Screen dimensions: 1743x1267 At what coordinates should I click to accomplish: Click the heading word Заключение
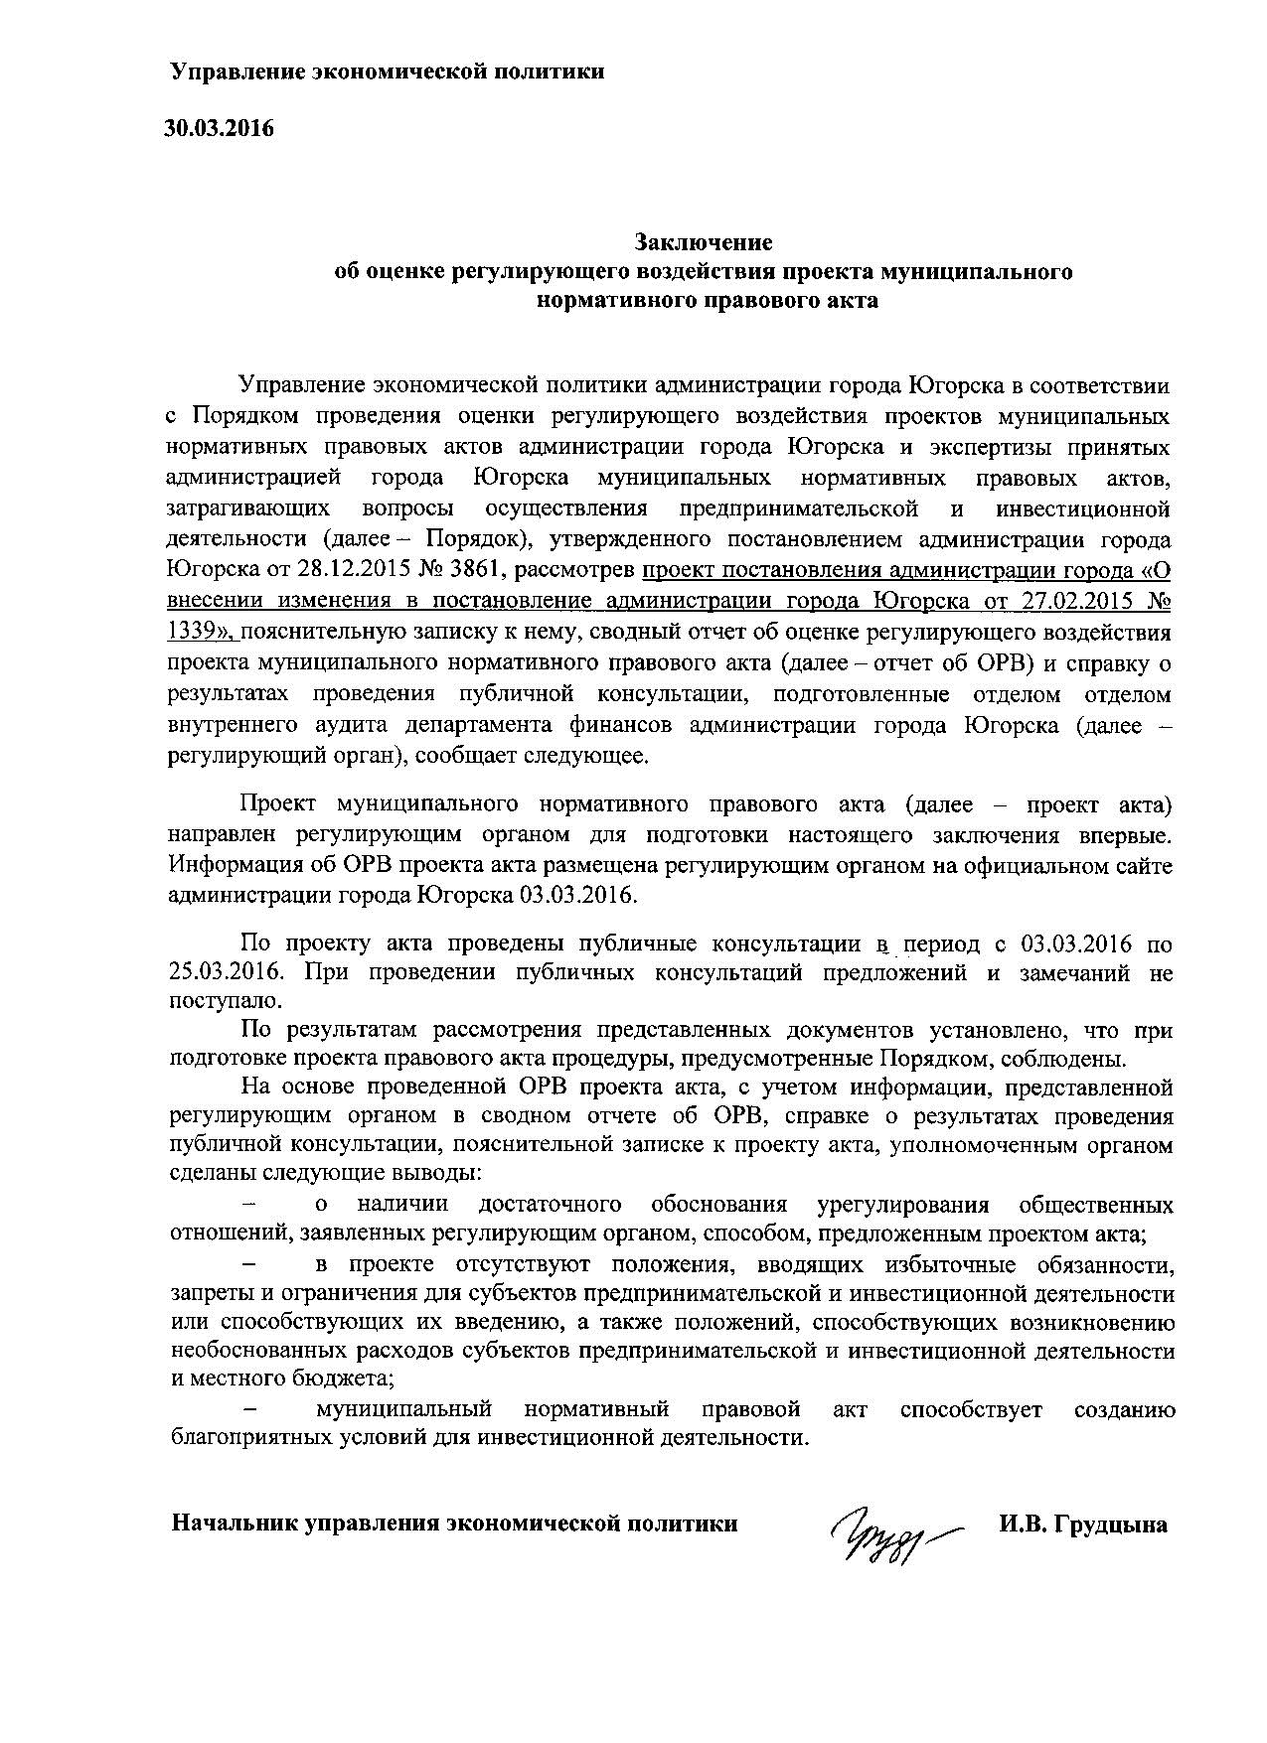(x=704, y=241)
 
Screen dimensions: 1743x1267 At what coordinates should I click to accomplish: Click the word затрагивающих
(x=248, y=508)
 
